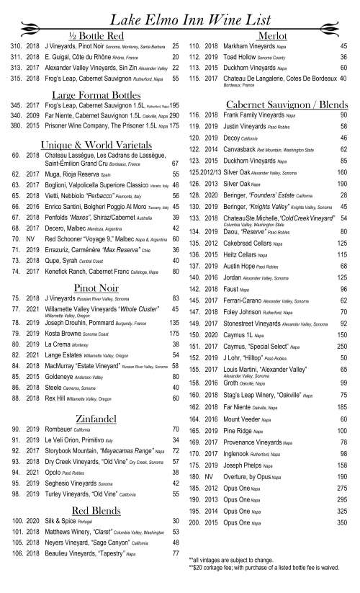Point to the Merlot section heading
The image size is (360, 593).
[268, 36]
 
